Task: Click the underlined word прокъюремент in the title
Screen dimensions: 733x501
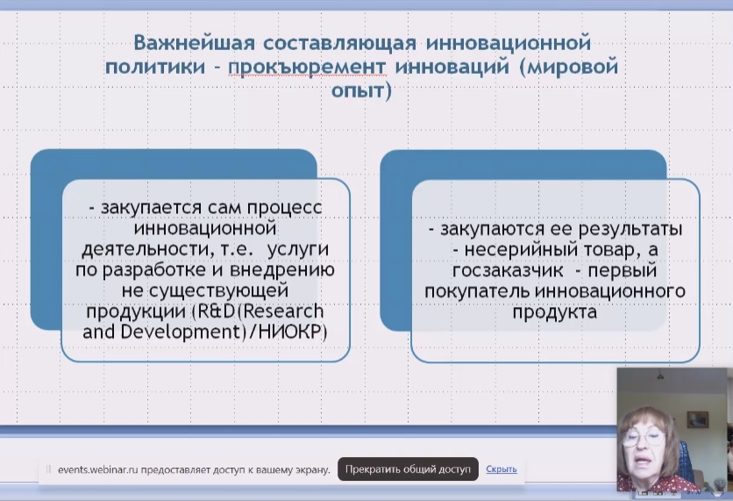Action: (307, 67)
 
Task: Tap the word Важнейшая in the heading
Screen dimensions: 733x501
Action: (195, 43)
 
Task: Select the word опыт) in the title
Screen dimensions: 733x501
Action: (361, 90)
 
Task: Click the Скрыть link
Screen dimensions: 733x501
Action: (502, 469)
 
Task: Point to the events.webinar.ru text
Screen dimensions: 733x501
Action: (97, 469)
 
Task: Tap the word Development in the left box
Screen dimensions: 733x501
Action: (180, 333)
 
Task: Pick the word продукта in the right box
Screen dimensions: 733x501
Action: (554, 312)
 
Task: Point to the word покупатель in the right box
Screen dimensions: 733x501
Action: (477, 291)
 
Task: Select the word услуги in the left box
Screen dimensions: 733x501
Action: (298, 249)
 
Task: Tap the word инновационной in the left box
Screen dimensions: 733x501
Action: (205, 229)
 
